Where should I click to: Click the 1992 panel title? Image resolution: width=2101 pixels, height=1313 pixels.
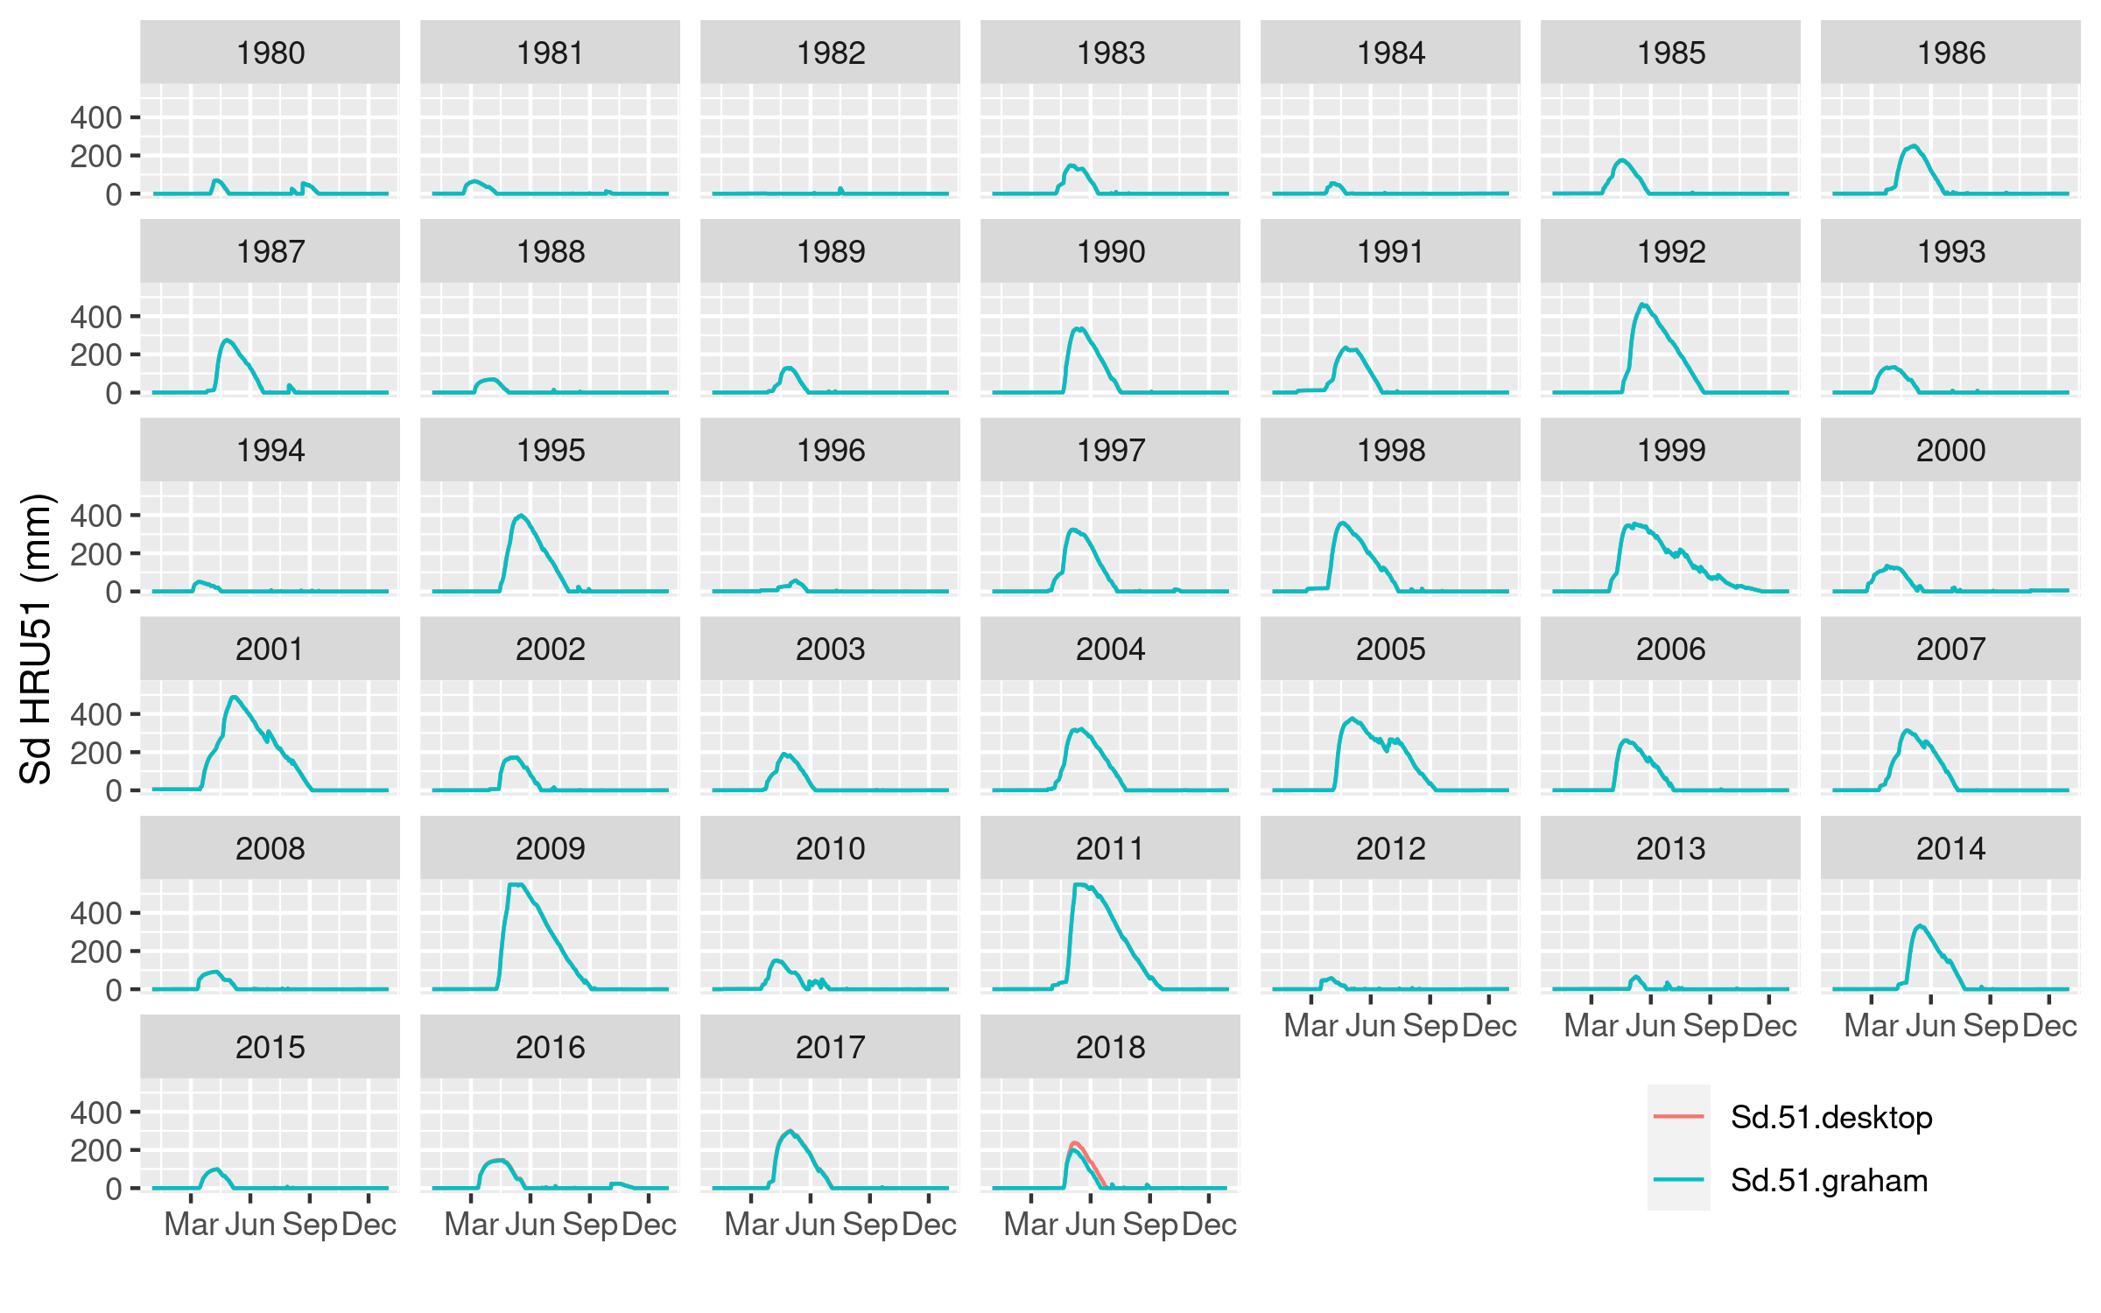pos(1670,252)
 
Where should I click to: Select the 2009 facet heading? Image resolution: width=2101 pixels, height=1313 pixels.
pos(550,848)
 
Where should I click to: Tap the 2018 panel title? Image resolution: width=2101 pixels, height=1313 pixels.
pos(1110,1047)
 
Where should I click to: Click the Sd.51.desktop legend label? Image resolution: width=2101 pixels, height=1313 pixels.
pos(1831,1118)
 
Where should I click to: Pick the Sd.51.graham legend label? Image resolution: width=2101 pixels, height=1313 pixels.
pos(1829,1181)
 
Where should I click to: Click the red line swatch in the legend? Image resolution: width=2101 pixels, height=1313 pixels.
pos(1678,1117)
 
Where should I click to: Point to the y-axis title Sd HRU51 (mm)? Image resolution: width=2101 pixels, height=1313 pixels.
pos(37,639)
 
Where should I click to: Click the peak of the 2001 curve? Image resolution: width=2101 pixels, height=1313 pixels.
pos(234,698)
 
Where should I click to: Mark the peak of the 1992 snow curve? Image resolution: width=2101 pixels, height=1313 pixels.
pos(1643,305)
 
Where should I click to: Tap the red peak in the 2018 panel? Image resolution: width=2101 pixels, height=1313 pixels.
pos(1074,1143)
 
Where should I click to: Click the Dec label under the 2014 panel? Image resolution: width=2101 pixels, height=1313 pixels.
pos(2049,1026)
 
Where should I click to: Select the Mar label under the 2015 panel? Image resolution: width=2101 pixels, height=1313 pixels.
pos(191,1225)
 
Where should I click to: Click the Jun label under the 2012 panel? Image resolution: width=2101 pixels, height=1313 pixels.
pos(1370,1026)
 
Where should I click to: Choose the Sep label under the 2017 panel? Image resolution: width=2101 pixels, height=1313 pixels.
pos(869,1225)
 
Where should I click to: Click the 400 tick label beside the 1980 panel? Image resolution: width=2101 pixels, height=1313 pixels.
pos(95,117)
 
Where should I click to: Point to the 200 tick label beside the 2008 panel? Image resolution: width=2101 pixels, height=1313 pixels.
pos(95,951)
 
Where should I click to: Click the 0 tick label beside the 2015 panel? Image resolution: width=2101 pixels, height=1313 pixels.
pos(114,1189)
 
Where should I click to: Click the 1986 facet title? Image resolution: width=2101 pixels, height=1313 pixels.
pos(1950,53)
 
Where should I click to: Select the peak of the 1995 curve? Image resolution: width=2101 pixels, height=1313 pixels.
pos(522,516)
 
